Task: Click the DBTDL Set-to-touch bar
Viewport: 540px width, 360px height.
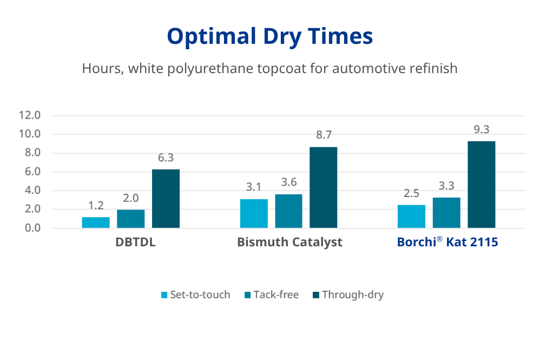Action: point(96,222)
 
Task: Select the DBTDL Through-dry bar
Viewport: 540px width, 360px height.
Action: point(166,199)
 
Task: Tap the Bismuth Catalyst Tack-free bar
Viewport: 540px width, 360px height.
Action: point(288,211)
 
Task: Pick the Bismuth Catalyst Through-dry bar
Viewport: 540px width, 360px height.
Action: point(324,187)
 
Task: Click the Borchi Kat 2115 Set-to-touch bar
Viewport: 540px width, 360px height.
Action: point(411,217)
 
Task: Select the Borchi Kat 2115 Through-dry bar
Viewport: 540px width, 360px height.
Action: point(481,185)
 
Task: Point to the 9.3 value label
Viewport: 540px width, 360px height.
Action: point(481,130)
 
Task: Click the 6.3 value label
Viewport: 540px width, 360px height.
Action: point(166,158)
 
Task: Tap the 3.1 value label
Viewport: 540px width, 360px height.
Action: point(253,187)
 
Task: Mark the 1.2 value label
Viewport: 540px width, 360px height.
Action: point(96,206)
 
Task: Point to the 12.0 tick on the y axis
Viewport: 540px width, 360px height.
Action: point(30,115)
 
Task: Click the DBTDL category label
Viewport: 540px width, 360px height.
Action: point(135,242)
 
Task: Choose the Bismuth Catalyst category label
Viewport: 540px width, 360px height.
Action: point(289,242)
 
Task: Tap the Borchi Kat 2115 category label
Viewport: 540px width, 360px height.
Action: point(447,242)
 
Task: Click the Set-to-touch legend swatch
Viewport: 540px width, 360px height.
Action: point(164,295)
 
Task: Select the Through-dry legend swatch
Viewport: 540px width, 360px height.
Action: point(315,295)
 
